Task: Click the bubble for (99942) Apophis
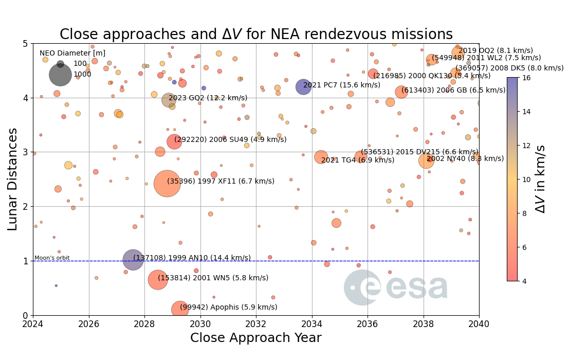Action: pos(179,309)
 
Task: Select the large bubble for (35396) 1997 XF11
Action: pos(167,184)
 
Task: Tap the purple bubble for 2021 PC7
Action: pos(303,87)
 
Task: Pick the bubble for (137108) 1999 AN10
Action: pos(133,260)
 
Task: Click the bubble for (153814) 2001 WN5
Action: pos(158,280)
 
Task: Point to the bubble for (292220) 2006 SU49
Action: pos(174,141)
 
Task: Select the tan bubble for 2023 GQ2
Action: pos(168,100)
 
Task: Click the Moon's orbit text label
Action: pos(52,258)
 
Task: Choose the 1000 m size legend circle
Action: pos(60,75)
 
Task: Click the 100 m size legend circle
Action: pos(60,64)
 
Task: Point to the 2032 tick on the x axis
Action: pos(256,324)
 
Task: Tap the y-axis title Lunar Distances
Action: pos(13,179)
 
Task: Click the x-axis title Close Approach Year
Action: pos(255,338)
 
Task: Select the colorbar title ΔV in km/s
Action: pos(540,178)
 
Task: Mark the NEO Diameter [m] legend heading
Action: pos(72,53)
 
